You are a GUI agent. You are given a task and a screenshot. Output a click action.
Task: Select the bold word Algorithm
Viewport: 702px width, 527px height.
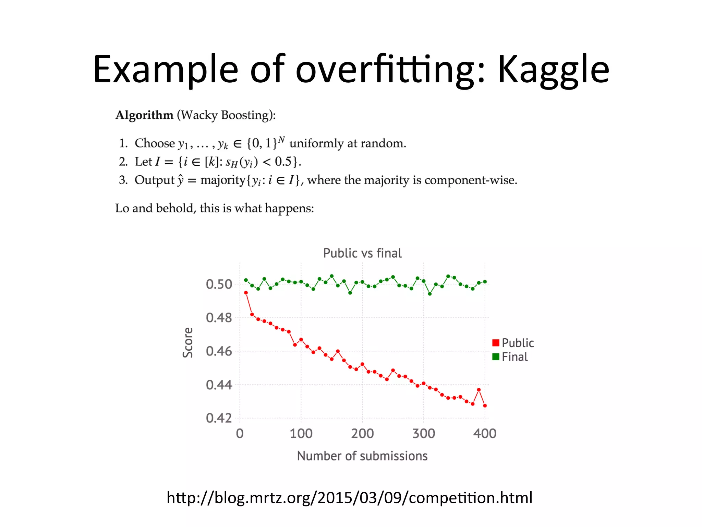(144, 115)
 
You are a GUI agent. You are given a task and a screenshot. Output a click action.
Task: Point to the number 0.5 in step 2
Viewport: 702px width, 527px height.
(283, 161)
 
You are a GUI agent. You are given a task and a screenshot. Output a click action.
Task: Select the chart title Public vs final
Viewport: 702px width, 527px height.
(362, 253)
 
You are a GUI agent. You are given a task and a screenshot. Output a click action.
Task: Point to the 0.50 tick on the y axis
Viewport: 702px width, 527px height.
(219, 284)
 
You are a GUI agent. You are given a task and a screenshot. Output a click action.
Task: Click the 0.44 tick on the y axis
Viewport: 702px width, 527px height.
(219, 385)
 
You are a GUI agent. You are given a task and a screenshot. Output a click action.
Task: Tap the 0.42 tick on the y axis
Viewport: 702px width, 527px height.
(219, 418)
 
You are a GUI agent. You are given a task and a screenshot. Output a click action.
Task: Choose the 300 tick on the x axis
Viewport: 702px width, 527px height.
(424, 434)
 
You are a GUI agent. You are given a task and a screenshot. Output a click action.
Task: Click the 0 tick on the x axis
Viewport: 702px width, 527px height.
(240, 434)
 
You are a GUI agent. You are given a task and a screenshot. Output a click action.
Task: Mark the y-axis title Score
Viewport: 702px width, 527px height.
(188, 342)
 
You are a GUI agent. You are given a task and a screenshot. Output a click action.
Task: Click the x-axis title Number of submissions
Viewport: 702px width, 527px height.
(362, 456)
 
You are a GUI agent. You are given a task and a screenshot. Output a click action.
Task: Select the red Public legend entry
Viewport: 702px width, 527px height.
(513, 343)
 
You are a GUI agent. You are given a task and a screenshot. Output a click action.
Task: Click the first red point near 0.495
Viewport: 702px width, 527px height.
(246, 293)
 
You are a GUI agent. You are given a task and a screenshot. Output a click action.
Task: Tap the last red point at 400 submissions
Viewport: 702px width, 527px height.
(485, 406)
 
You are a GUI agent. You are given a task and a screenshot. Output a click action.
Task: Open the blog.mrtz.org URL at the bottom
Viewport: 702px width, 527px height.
(350, 498)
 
